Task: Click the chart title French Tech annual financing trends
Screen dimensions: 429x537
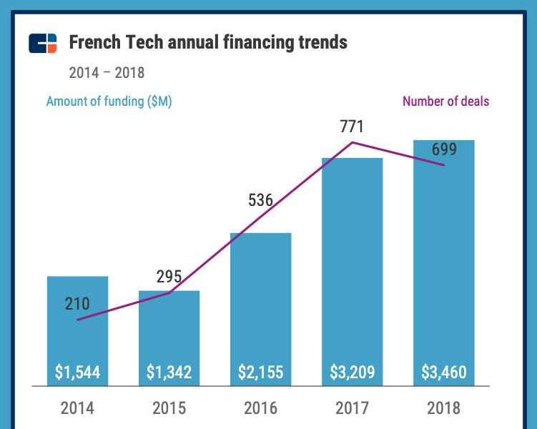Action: [208, 43]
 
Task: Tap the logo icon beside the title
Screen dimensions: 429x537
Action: [42, 43]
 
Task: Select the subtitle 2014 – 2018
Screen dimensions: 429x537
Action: [107, 73]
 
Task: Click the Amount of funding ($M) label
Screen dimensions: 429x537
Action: [109, 102]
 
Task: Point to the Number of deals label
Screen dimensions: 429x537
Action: [445, 102]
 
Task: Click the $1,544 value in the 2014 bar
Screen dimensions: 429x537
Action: [77, 373]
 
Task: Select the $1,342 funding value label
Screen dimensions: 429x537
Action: [169, 373]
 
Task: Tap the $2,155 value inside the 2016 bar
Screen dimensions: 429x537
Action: [260, 373]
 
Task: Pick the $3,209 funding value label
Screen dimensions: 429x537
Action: [352, 373]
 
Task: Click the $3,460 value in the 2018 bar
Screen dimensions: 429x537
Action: [443, 373]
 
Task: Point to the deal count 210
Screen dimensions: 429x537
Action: [77, 304]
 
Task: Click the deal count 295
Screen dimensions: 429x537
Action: [169, 277]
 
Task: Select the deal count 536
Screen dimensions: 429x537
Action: [261, 200]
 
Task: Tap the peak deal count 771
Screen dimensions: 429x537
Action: [352, 127]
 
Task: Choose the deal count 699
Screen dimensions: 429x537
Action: [443, 150]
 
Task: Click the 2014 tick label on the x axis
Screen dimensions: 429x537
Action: [77, 408]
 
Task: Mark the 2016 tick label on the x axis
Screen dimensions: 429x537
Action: [260, 408]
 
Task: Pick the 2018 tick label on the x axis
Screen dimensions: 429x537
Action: [443, 408]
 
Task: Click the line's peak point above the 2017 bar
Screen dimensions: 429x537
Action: [353, 143]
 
